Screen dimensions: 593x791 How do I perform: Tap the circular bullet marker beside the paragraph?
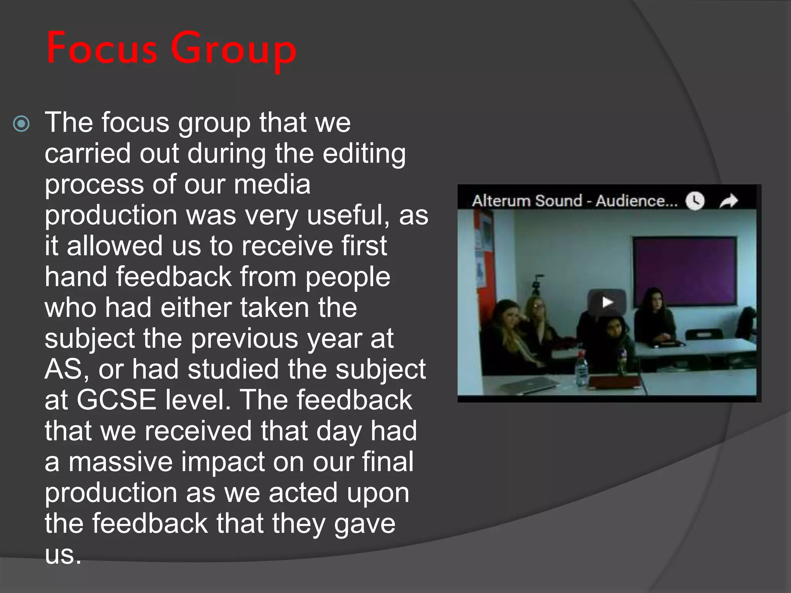[x=21, y=124]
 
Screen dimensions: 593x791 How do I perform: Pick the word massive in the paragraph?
[x=120, y=462]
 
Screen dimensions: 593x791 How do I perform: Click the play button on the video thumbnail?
[x=607, y=302]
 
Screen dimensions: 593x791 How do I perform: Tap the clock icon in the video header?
[x=695, y=201]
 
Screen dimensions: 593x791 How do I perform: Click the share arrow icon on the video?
[x=728, y=201]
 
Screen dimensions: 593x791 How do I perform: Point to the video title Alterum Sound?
[x=527, y=201]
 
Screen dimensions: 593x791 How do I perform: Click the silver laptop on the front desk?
[x=530, y=384]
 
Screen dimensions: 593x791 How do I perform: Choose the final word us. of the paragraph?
[x=63, y=555]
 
